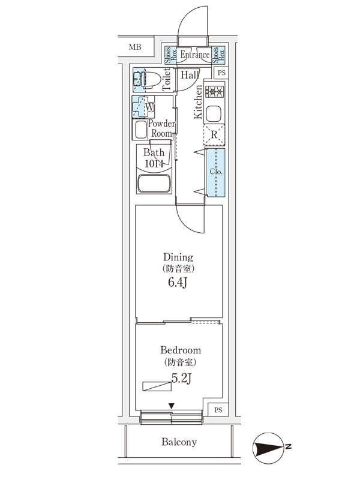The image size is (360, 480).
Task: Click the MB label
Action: point(134,47)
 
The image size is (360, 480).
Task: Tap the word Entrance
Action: point(195,55)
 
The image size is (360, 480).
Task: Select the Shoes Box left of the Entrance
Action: point(170,55)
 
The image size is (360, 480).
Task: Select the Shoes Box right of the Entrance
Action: point(218,55)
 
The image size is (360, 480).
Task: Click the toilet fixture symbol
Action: point(148,78)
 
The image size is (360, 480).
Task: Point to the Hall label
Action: point(190,75)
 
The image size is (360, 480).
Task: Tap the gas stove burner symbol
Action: point(214,92)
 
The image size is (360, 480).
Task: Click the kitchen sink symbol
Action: point(214,113)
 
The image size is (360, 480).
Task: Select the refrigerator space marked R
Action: point(214,134)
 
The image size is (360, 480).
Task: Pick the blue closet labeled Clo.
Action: point(215,172)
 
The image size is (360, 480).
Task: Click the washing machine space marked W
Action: point(145,107)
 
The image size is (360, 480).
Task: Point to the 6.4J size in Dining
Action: point(178,283)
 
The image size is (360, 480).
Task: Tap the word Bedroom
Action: point(180,350)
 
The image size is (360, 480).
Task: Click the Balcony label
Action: point(179,442)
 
